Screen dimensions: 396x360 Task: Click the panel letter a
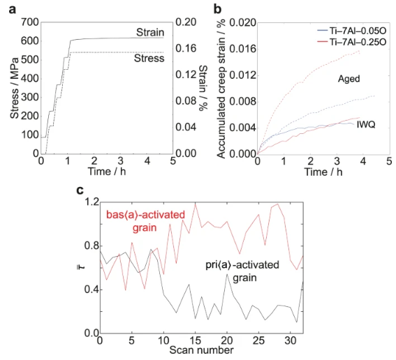click(13, 10)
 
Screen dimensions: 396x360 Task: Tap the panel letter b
click(217, 8)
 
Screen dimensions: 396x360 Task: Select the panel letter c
click(80, 190)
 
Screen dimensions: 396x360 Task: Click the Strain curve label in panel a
click(150, 32)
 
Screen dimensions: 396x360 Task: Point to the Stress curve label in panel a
click(149, 58)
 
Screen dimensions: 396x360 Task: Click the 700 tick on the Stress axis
click(30, 22)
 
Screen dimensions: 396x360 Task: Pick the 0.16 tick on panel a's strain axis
click(186, 48)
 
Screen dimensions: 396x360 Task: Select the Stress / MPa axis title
click(15, 88)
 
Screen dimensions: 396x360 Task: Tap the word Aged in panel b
click(349, 79)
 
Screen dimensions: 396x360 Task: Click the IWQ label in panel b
click(366, 124)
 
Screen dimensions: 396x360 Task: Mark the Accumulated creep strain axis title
click(221, 89)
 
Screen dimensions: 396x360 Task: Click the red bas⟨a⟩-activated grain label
click(145, 221)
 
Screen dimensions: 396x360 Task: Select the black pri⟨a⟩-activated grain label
click(242, 271)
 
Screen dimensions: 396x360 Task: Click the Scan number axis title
click(201, 350)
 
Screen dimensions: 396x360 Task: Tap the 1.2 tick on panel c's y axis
click(91, 202)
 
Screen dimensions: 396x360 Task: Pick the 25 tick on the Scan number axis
click(258, 340)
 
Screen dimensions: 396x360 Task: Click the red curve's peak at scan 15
click(196, 204)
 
